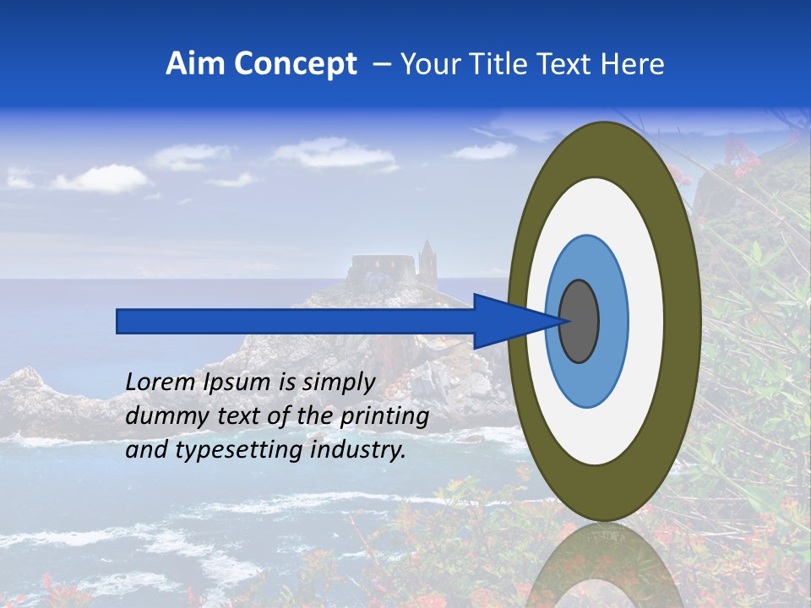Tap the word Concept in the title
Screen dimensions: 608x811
click(296, 64)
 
